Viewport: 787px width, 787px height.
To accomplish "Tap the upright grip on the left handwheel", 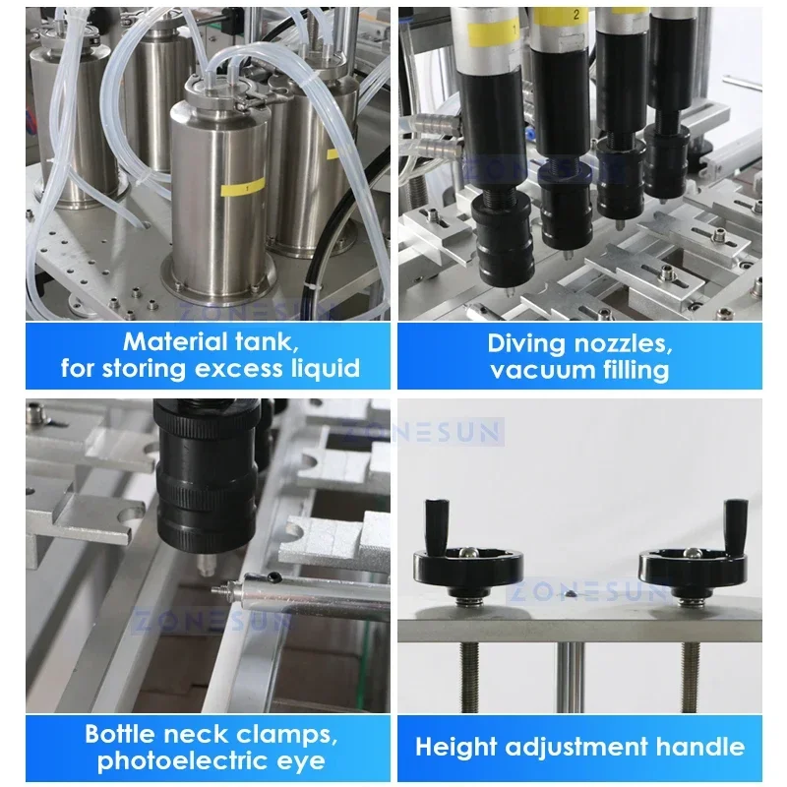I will coord(433,523).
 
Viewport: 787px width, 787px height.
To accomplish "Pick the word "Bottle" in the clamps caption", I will coord(122,734).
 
